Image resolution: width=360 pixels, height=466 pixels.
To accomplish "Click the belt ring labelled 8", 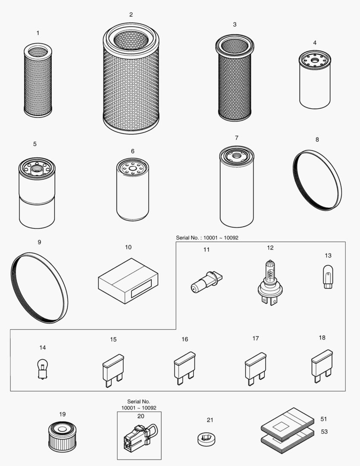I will click(317, 180).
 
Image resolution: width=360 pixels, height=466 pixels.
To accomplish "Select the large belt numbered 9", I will click(39, 287).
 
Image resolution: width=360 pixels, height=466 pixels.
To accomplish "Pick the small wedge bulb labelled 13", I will click(328, 277).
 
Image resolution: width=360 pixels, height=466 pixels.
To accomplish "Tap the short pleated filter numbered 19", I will click(62, 436).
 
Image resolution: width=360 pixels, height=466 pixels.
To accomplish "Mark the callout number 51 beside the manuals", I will click(324, 419).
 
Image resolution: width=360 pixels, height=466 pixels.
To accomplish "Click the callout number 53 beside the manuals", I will click(324, 431).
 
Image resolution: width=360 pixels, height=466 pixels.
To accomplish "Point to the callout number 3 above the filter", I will click(235, 25).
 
